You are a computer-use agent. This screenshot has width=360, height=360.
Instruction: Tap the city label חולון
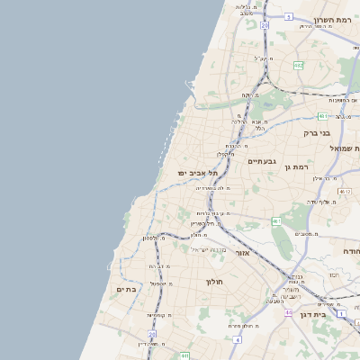[x=214, y=282]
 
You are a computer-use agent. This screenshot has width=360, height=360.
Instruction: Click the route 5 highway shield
[x=288, y=16]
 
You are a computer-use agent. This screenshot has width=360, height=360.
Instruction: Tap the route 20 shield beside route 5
[x=265, y=26]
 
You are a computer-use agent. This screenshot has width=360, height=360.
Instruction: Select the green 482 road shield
[x=298, y=65]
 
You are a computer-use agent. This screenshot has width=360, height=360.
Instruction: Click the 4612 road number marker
[x=345, y=192]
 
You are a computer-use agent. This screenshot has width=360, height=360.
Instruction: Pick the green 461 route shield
[x=276, y=221]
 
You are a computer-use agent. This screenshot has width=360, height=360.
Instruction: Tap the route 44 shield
[x=288, y=311]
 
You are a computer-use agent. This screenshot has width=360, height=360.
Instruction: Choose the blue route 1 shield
[x=342, y=312]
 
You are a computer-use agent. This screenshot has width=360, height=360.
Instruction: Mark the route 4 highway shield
[x=237, y=339]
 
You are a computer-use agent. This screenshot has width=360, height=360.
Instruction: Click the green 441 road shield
[x=184, y=355]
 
